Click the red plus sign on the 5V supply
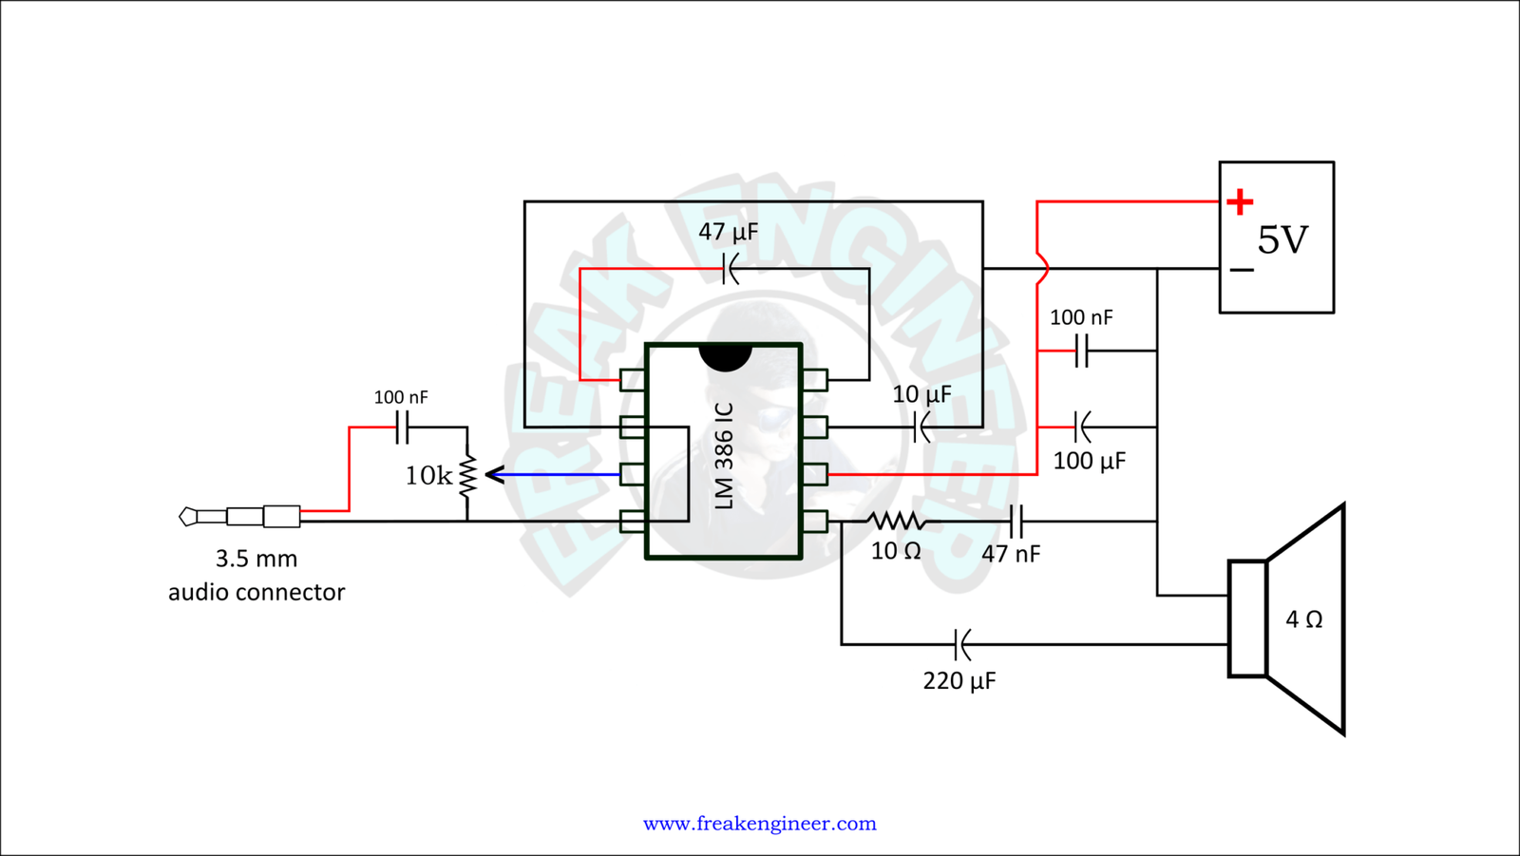coord(1239,201)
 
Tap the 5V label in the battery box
coord(1282,240)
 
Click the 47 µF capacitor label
coord(729,232)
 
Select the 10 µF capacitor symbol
coord(921,428)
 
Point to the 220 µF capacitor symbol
coord(961,645)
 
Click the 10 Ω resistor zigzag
coord(897,521)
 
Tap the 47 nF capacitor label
coord(1011,553)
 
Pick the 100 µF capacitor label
coord(1089,462)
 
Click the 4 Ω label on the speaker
coord(1303,619)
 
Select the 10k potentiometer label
coord(428,475)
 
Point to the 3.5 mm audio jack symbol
coord(240,516)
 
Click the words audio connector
coord(256,592)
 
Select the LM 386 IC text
coord(724,455)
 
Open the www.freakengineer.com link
coord(760,823)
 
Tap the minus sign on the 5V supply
coord(1241,271)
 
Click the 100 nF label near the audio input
coord(401,397)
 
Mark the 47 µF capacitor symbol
coord(729,269)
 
